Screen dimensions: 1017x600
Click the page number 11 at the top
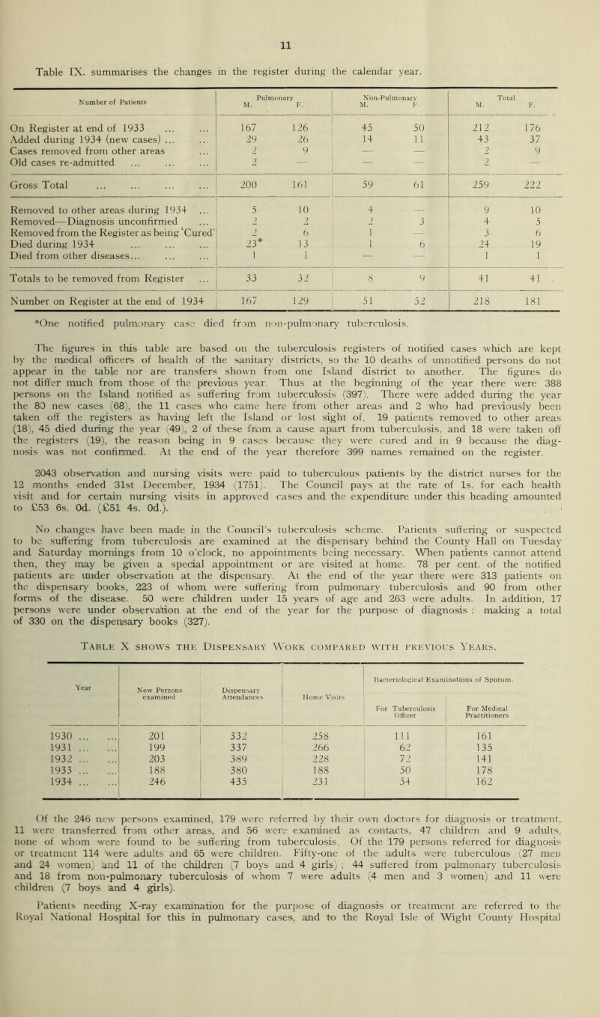300,13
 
